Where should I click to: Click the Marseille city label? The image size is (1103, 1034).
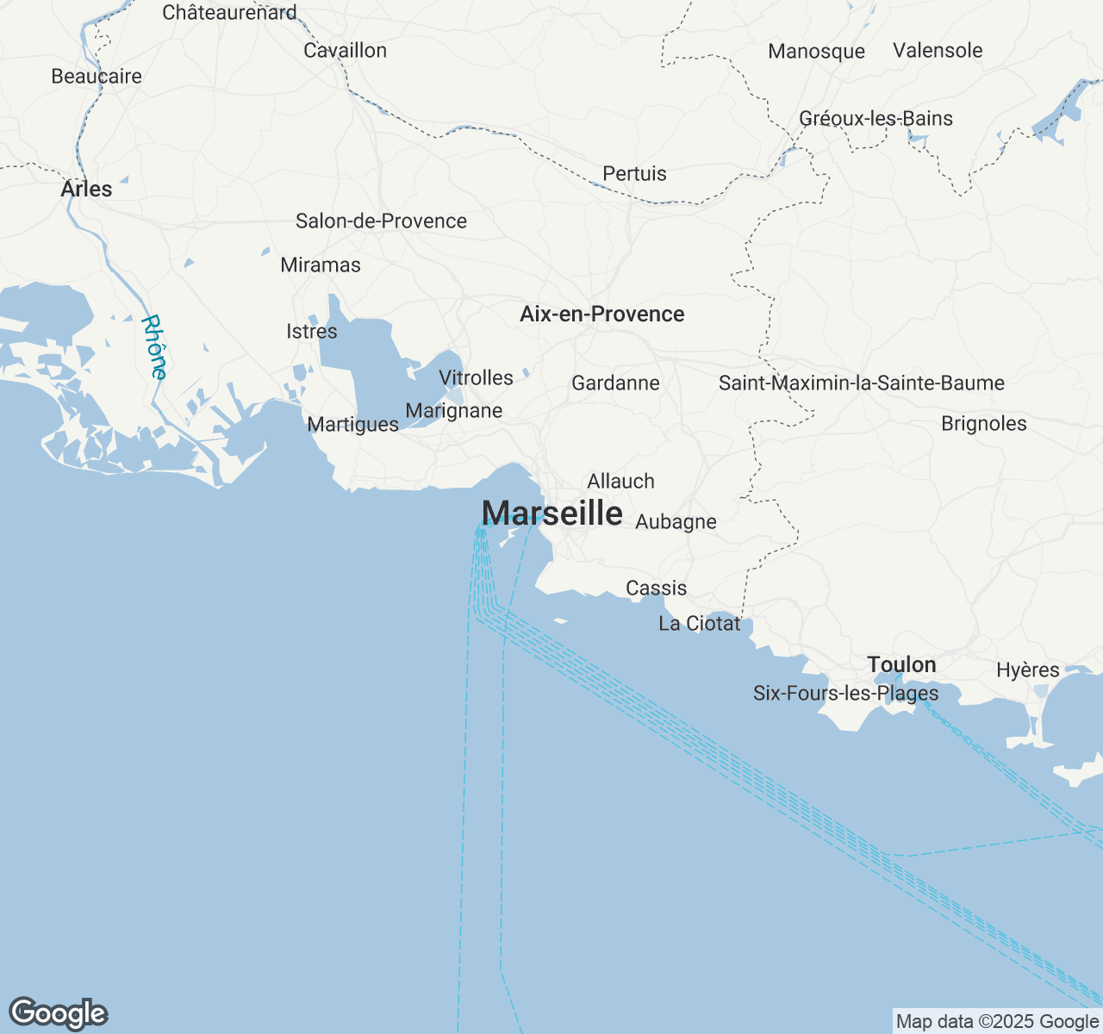(552, 514)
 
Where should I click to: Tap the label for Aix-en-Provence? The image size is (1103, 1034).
(601, 315)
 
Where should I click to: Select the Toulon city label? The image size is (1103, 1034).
(901, 664)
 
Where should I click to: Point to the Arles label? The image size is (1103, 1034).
(86, 190)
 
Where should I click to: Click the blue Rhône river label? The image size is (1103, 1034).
(155, 347)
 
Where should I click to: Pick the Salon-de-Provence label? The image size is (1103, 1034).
(381, 221)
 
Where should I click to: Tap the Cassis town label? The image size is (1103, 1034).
(656, 589)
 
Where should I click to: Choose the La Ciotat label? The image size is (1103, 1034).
(699, 624)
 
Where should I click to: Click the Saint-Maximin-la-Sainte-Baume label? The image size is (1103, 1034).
(861, 383)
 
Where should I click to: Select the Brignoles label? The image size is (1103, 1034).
(983, 424)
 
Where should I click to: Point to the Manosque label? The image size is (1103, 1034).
(816, 52)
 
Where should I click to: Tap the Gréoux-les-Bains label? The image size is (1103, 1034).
(876, 119)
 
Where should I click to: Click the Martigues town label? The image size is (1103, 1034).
(352, 425)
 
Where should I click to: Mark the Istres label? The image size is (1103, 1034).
(311, 332)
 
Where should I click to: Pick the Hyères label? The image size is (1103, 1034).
(1027, 670)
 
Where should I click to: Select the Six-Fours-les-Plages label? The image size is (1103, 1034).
(845, 694)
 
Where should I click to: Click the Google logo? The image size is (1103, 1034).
(58, 1013)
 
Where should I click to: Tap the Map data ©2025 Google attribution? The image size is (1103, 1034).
(997, 1022)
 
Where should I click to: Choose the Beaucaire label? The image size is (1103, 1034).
(97, 77)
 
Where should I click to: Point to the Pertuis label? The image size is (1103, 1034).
(634, 174)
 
